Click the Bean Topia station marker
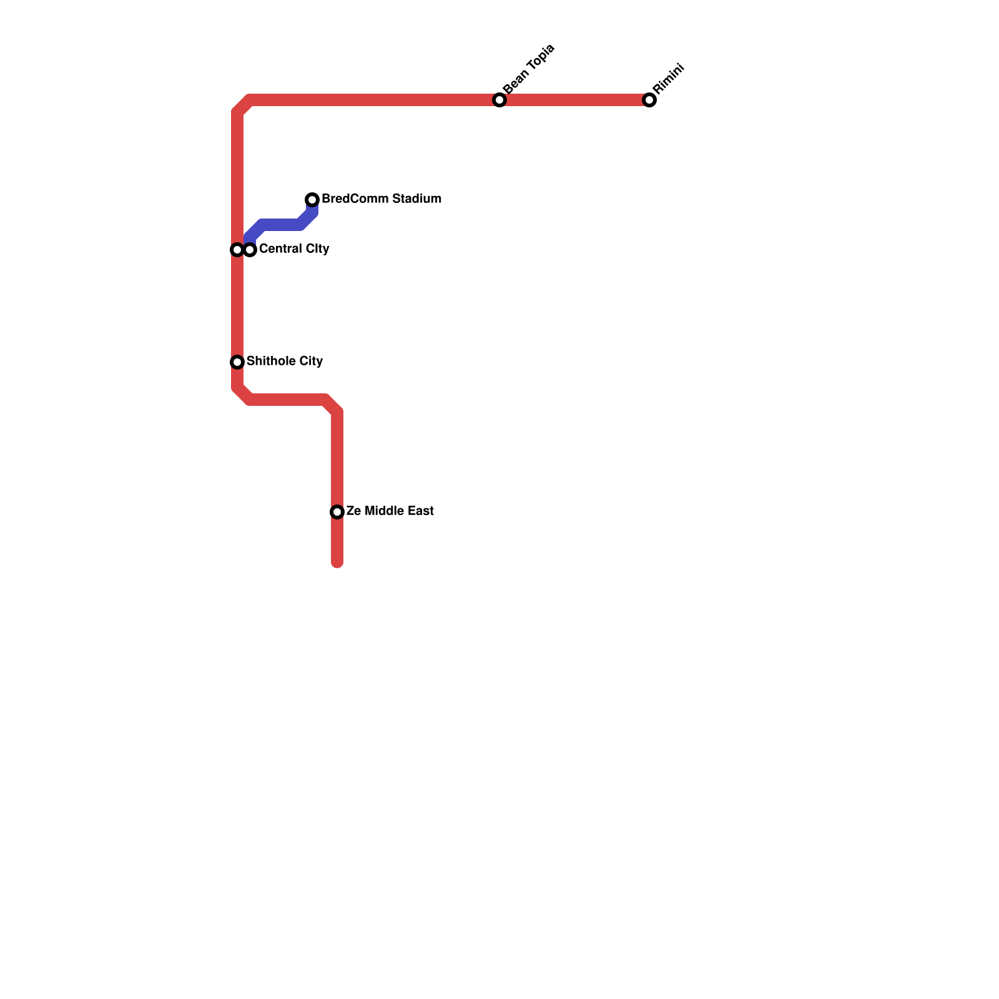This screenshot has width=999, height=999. point(499,100)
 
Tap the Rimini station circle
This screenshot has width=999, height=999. point(649,100)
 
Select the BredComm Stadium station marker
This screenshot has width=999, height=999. point(312,200)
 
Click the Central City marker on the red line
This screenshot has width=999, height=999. point(237,250)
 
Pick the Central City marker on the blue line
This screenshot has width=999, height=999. point(250,250)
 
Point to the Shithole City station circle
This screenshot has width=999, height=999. point(237,362)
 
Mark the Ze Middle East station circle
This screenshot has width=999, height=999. point(337,512)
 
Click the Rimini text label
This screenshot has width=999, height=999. point(669,79)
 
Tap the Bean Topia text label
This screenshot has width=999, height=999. point(528,69)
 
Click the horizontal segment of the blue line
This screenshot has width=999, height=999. point(281,225)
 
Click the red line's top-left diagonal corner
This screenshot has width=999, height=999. point(243,106)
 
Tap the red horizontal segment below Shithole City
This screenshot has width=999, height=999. point(287,400)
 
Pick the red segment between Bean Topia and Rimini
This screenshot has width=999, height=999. point(574,100)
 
